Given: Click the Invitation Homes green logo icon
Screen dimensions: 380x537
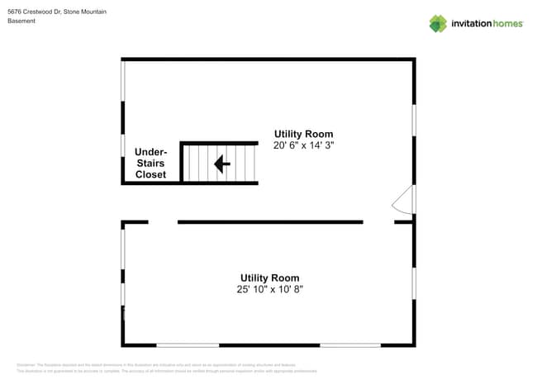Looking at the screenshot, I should point(438,23).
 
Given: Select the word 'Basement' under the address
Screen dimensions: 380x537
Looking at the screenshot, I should point(21,21).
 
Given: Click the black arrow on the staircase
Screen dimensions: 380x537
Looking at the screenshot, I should point(221,164).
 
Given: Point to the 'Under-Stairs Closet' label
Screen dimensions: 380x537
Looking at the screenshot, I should point(150,164).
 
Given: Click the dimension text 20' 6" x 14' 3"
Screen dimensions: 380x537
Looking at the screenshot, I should point(303,145).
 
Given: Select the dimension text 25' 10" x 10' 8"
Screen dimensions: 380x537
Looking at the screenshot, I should point(269,289).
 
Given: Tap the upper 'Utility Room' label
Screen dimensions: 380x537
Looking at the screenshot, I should point(303,134).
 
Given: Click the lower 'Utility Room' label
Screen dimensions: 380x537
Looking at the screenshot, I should point(269,278).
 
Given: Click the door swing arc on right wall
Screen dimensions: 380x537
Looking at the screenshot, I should point(403,200).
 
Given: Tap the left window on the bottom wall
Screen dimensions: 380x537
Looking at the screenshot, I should point(188,345).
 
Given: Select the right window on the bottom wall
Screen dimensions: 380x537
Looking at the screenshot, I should point(350,345).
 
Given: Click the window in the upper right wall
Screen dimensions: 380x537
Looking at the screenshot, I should point(413,120).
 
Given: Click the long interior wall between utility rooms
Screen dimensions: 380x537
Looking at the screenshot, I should point(270,222).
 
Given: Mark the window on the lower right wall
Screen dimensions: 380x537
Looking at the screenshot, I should point(413,283).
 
